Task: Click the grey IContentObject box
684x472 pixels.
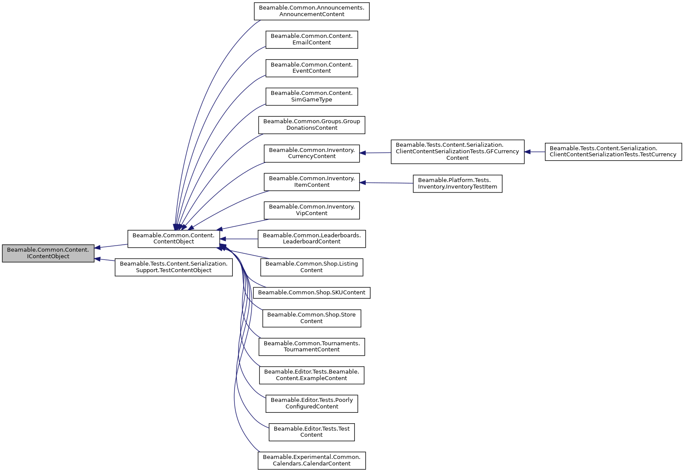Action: (48, 253)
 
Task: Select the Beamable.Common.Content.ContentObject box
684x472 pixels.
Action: (174, 239)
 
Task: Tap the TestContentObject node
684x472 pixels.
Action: (174, 267)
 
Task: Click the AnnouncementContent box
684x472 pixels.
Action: (312, 11)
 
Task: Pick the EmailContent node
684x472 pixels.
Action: (312, 39)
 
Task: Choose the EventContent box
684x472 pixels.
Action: (312, 68)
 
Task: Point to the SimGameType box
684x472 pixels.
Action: (312, 96)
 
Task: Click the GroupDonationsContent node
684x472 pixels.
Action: (312, 125)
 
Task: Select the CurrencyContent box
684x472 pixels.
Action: (312, 153)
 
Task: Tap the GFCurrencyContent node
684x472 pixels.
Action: (457, 152)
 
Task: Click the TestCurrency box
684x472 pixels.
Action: (613, 152)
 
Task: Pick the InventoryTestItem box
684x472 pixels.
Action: (457, 183)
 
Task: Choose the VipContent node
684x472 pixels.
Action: (312, 210)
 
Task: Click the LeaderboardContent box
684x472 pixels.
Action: (312, 239)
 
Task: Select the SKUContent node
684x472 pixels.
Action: (312, 293)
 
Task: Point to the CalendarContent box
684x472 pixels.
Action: (312, 460)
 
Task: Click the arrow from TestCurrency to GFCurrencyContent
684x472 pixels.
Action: (534, 152)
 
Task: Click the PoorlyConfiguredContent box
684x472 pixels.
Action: (312, 403)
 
